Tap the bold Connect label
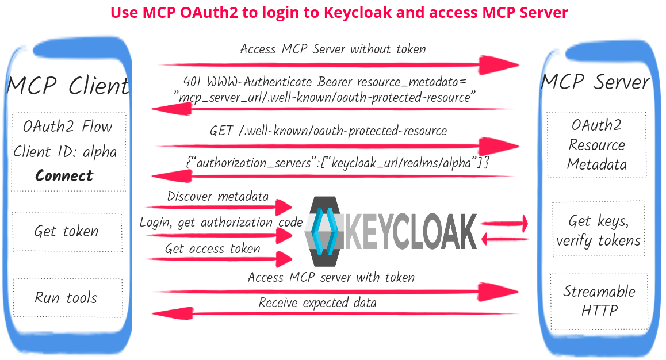click(64, 175)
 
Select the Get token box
click(67, 232)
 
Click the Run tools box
click(67, 298)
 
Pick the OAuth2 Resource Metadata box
click(596, 144)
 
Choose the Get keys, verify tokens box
click(598, 229)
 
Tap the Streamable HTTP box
click(599, 300)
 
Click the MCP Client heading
click(68, 86)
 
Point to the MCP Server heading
click(595, 82)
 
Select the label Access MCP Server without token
click(333, 49)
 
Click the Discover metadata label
click(217, 196)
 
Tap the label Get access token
click(212, 249)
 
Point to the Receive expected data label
click(317, 302)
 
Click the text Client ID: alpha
click(64, 152)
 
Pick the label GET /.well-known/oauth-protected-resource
click(328, 131)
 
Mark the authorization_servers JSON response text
click(338, 163)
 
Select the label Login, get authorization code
click(221, 223)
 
